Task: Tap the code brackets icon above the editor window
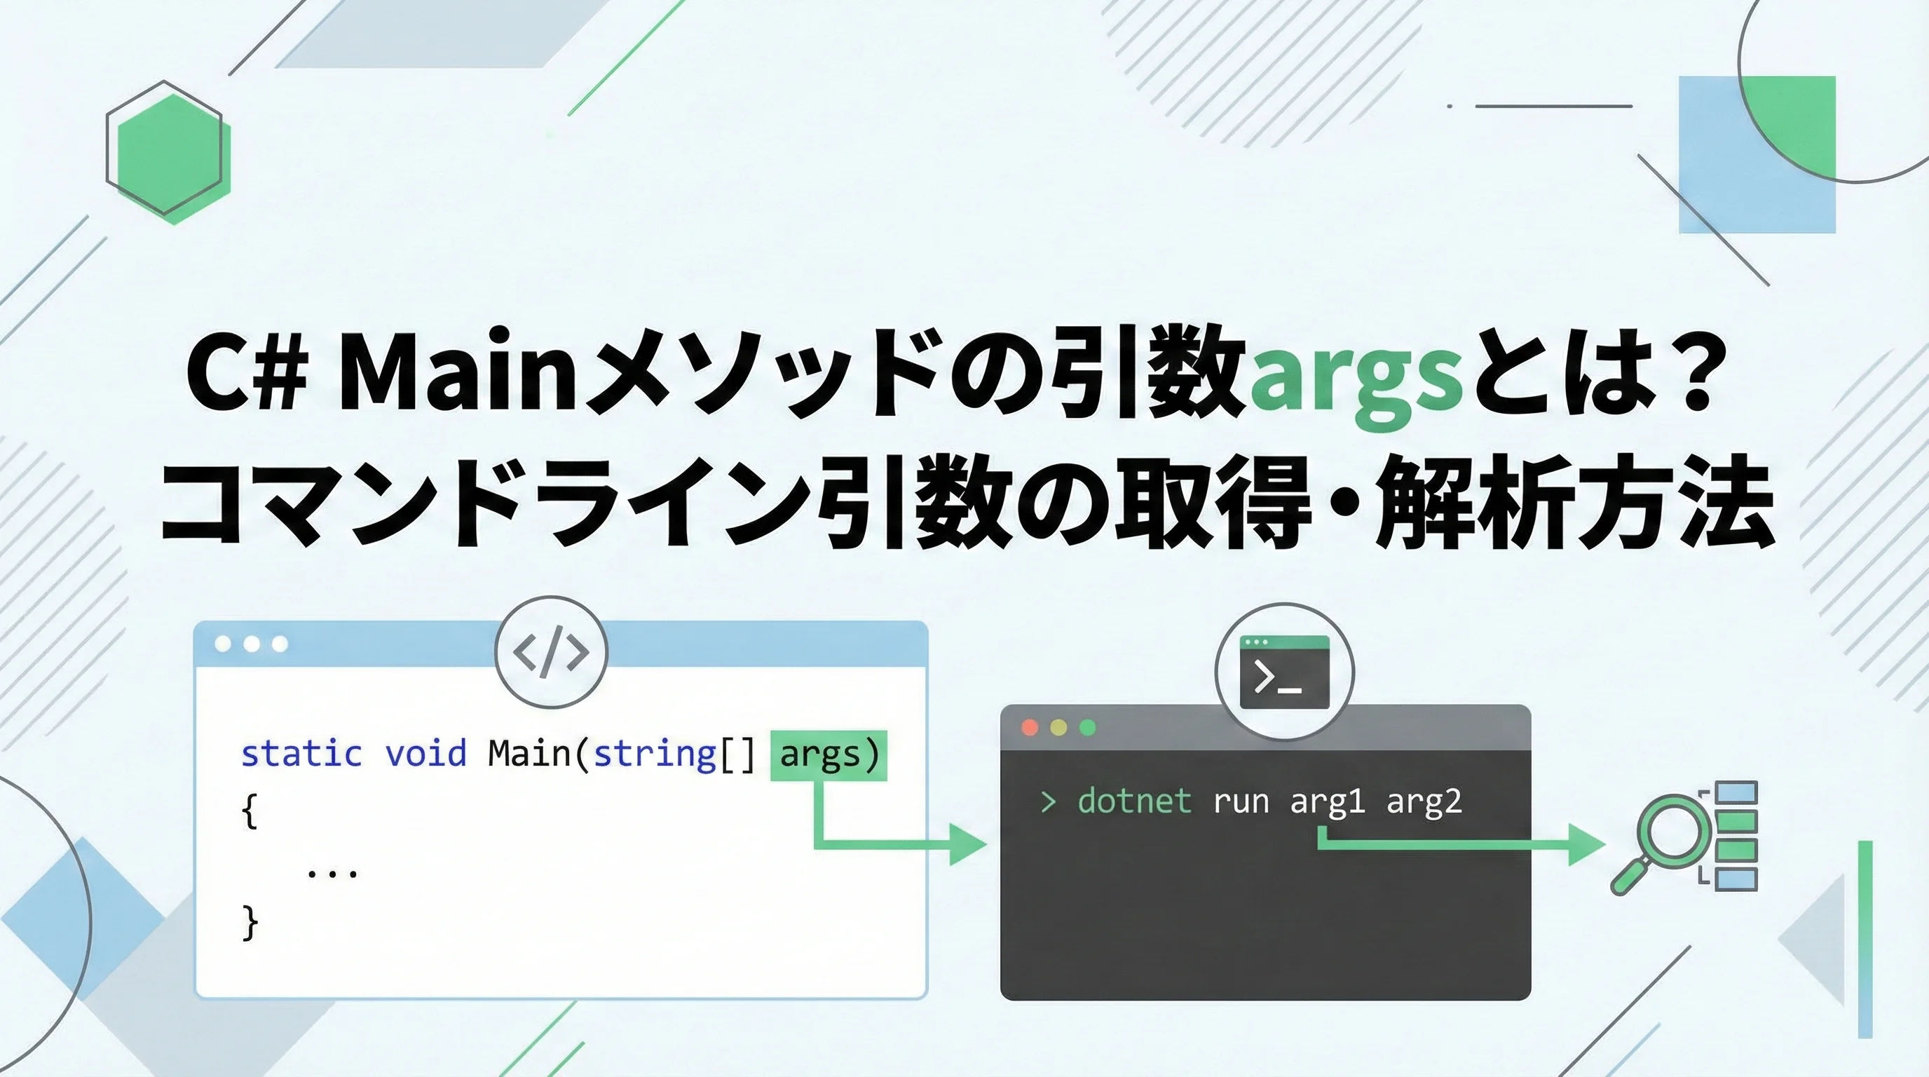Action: (551, 652)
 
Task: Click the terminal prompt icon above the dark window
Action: (1284, 672)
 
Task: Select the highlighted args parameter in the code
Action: (829, 755)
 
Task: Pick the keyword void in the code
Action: (425, 754)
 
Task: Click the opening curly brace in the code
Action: (250, 811)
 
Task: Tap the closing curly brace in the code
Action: (250, 923)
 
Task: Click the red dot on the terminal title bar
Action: (1030, 727)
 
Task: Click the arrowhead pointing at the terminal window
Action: (968, 844)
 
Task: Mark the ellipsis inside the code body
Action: (332, 872)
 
